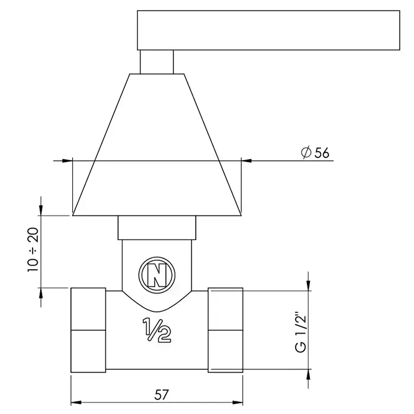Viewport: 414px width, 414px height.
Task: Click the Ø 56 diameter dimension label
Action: coord(315,153)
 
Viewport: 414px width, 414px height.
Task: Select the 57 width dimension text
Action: coord(161,395)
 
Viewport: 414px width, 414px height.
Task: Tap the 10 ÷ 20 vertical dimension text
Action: coord(33,250)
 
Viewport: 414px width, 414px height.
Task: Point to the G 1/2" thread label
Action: coord(300,332)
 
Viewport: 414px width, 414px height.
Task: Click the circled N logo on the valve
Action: coord(157,275)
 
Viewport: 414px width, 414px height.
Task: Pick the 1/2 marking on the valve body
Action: coord(157,330)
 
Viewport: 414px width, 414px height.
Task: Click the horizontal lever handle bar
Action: coord(269,30)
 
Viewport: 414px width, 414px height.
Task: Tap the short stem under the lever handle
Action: coord(157,62)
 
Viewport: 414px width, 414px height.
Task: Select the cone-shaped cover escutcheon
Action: coord(157,145)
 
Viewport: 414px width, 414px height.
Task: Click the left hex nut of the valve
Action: coord(88,330)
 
